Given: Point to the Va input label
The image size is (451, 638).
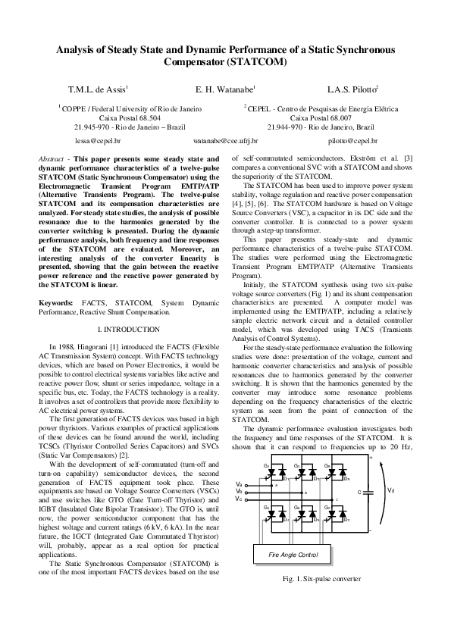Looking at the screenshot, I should pos(240,484).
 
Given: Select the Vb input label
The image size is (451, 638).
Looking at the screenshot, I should pos(240,492).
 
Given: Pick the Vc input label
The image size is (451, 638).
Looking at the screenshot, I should pos(240,499).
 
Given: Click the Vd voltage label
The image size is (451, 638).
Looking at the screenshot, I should pos(391,490).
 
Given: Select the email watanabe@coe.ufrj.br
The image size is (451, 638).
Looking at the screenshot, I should pos(226,141).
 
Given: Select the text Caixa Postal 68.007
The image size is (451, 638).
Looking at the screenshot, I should pos(321,118).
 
